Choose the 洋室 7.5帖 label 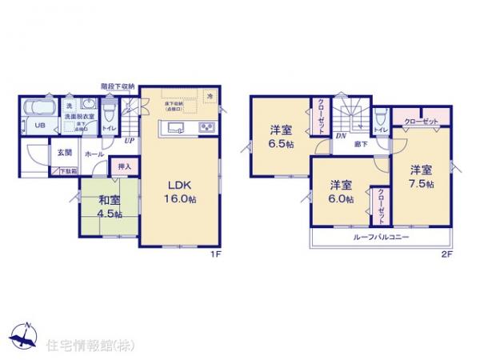click(x=422, y=177)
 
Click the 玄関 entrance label click(x=63, y=152)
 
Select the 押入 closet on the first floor click(x=124, y=167)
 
